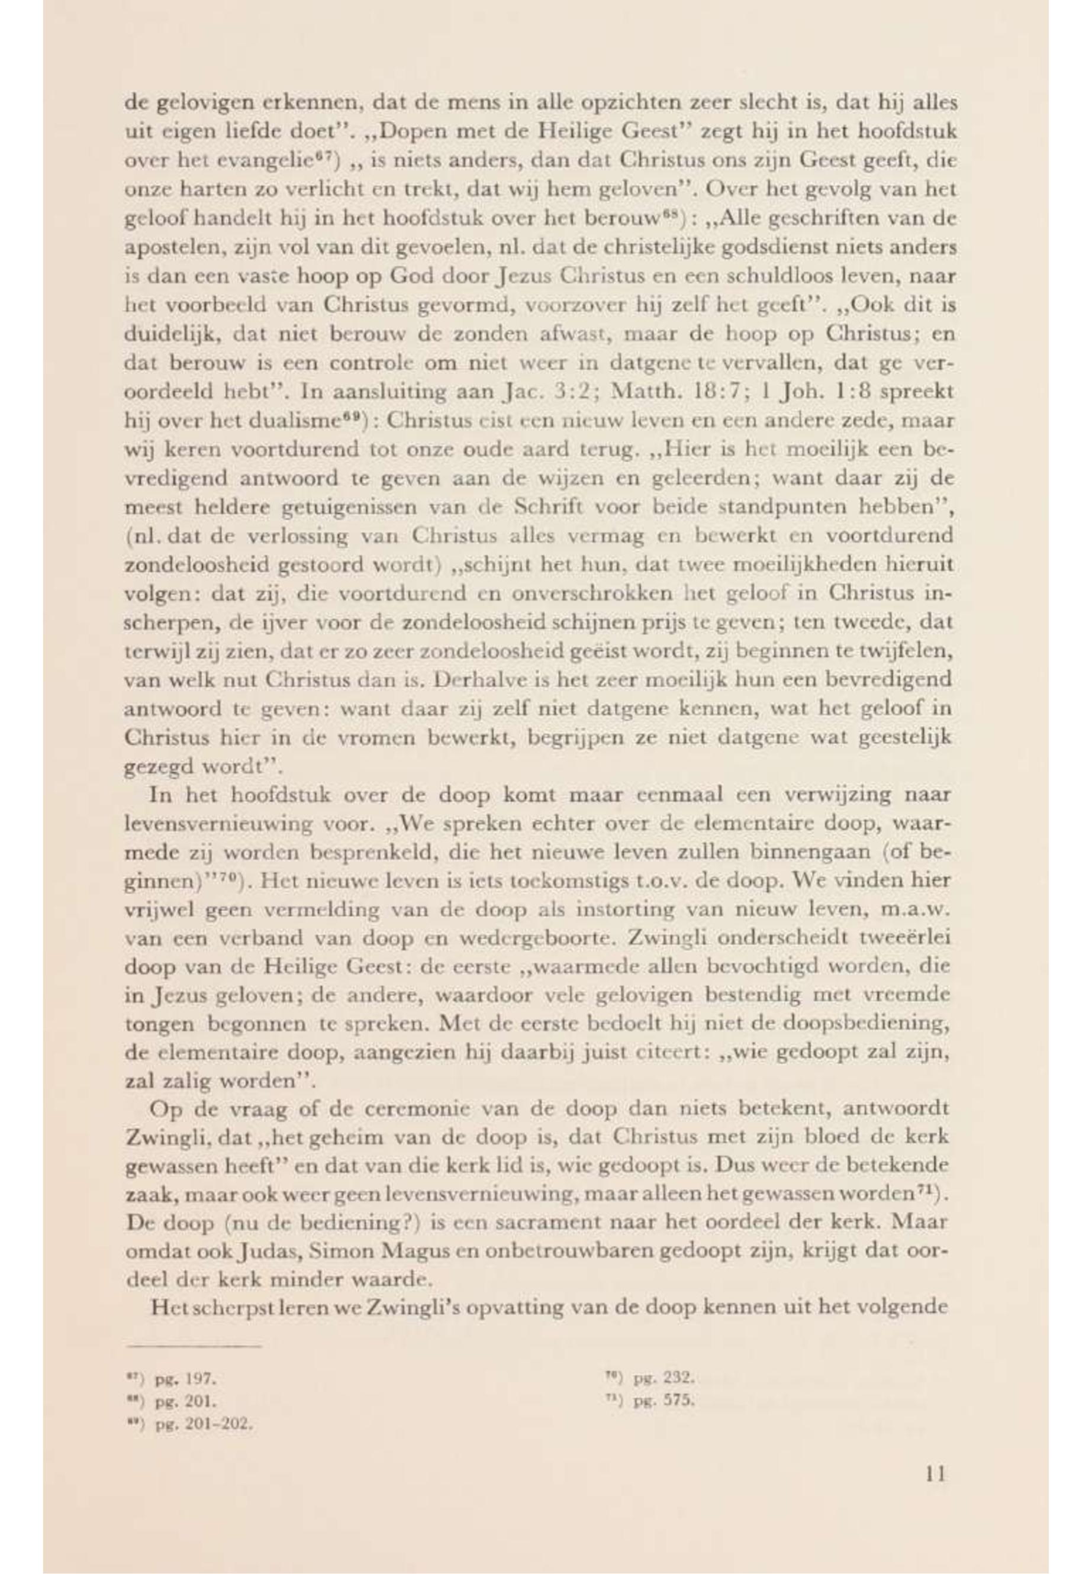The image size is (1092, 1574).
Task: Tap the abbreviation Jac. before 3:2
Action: pos(524,393)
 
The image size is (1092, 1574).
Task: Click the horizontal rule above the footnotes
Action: pos(194,1347)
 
